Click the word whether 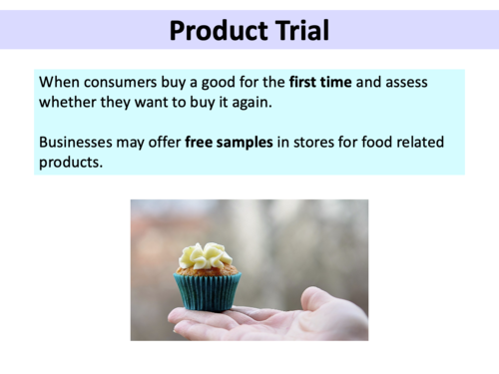pos(69,102)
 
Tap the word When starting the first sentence pos(58,82)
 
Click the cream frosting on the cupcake pos(205,255)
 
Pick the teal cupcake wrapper pos(209,291)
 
